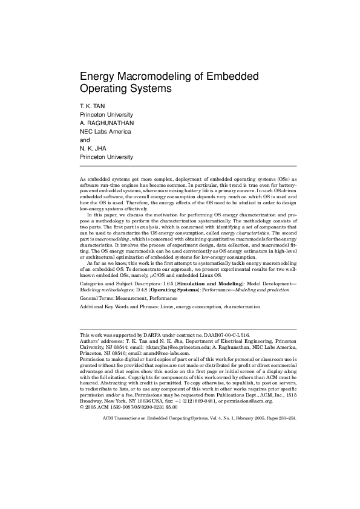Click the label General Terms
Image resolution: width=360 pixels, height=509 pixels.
point(99,298)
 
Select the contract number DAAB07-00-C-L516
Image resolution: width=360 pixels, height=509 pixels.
point(224,334)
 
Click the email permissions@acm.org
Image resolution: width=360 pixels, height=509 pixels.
point(248,400)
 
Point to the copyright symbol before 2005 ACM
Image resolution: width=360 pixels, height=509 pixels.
point(82,407)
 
